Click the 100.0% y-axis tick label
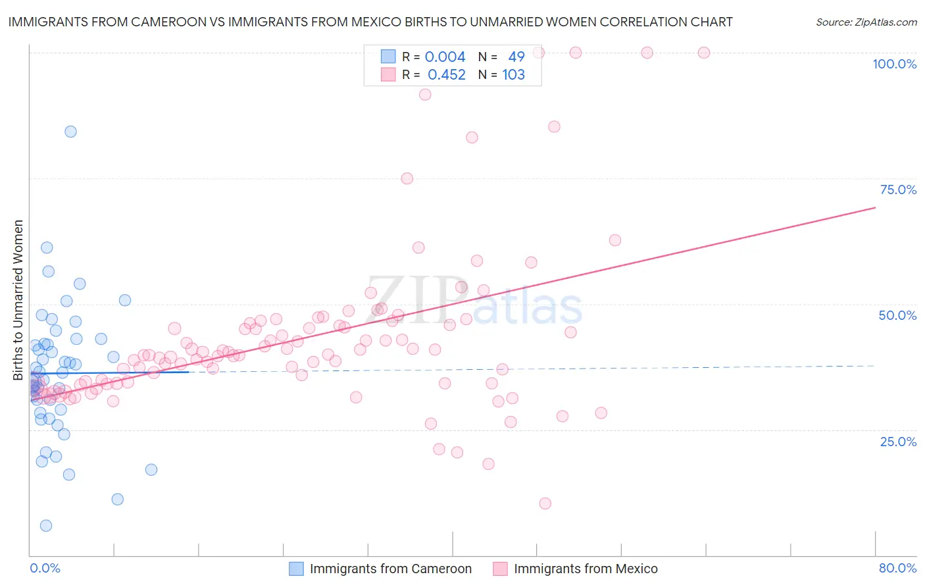click(894, 64)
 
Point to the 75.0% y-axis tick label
click(898, 190)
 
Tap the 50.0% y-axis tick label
click(897, 315)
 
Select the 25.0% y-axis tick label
click(898, 441)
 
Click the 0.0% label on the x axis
click(45, 568)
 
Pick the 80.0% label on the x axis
click(897, 568)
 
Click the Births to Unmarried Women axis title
click(18, 300)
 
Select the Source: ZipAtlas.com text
click(866, 22)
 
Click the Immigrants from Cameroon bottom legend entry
click(391, 569)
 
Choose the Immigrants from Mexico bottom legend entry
click(586, 569)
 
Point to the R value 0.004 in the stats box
click(445, 57)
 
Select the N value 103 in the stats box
click(513, 75)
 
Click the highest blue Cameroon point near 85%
click(70, 132)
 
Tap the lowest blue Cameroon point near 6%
click(45, 526)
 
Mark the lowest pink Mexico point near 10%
click(545, 503)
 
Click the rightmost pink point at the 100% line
click(703, 53)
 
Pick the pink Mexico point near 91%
click(425, 95)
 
